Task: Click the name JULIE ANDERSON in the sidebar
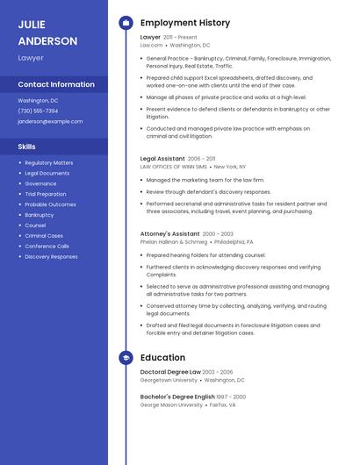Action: [x=47, y=32]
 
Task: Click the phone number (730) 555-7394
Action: [x=38, y=111]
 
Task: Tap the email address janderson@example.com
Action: [x=50, y=121]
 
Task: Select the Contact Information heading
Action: [x=56, y=84]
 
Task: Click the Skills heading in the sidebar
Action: [x=27, y=147]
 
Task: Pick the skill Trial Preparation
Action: [x=46, y=194]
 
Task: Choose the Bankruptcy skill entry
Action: [x=40, y=215]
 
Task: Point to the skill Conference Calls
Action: [x=47, y=247]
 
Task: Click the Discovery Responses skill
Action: [x=51, y=257]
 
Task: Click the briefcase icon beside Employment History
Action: [x=126, y=23]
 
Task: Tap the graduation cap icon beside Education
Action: [x=126, y=358]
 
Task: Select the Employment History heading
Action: [x=185, y=23]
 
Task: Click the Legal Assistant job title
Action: [x=162, y=159]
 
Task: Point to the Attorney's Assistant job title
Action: [x=169, y=234]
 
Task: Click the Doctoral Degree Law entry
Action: [x=170, y=373]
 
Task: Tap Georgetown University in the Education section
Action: [x=169, y=380]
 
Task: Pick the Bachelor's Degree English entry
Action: [x=176, y=397]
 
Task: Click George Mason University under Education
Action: [x=171, y=405]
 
